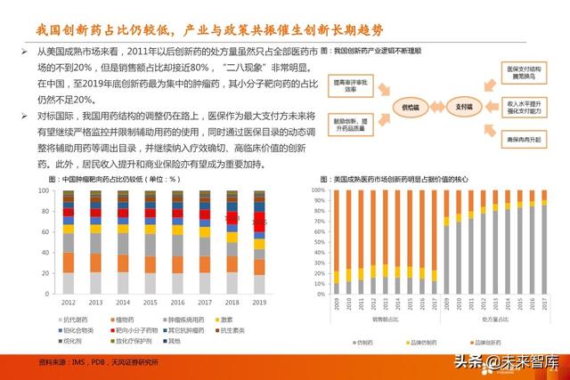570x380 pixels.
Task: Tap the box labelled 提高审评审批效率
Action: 350,85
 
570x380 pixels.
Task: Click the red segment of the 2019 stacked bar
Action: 258,222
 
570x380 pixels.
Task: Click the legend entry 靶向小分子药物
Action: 136,330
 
